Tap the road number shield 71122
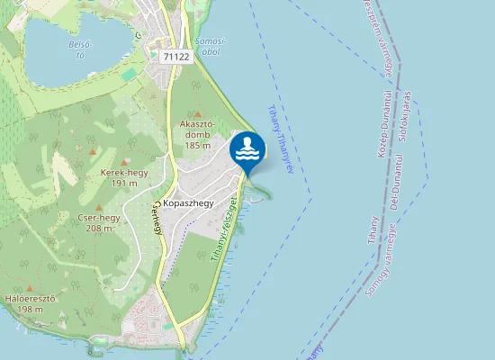[177, 56]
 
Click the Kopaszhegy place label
[189, 203]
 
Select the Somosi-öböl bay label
[211, 46]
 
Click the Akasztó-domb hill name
[196, 123]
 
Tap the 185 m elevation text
[196, 145]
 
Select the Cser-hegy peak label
[98, 217]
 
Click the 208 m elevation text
[98, 229]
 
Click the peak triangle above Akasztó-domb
[196, 114]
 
